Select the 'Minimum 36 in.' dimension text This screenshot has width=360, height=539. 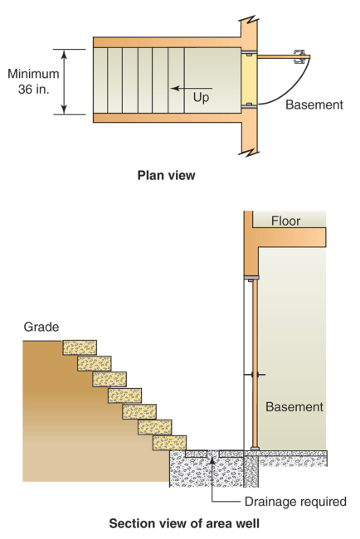pyautogui.click(x=33, y=81)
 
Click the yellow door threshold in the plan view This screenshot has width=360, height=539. pyautogui.click(x=249, y=80)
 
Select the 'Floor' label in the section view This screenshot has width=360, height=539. pyautogui.click(x=285, y=221)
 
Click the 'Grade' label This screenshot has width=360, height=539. pyautogui.click(x=41, y=327)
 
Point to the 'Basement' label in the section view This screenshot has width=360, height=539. pyautogui.click(x=294, y=407)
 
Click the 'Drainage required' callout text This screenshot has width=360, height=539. pyautogui.click(x=295, y=501)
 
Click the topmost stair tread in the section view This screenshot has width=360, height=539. pyautogui.click(x=80, y=347)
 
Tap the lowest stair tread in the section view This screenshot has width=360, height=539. pyautogui.click(x=169, y=442)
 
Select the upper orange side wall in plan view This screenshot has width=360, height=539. pyautogui.click(x=166, y=41)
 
